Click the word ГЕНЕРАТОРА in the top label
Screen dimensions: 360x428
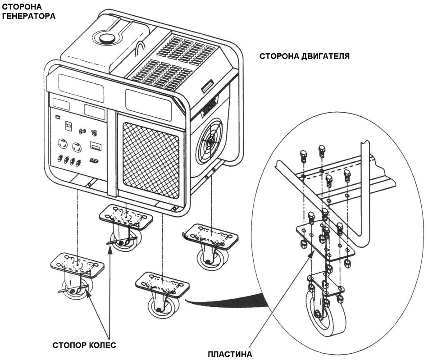pyautogui.click(x=29, y=17)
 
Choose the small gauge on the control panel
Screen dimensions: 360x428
pyautogui.click(x=69, y=125)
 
